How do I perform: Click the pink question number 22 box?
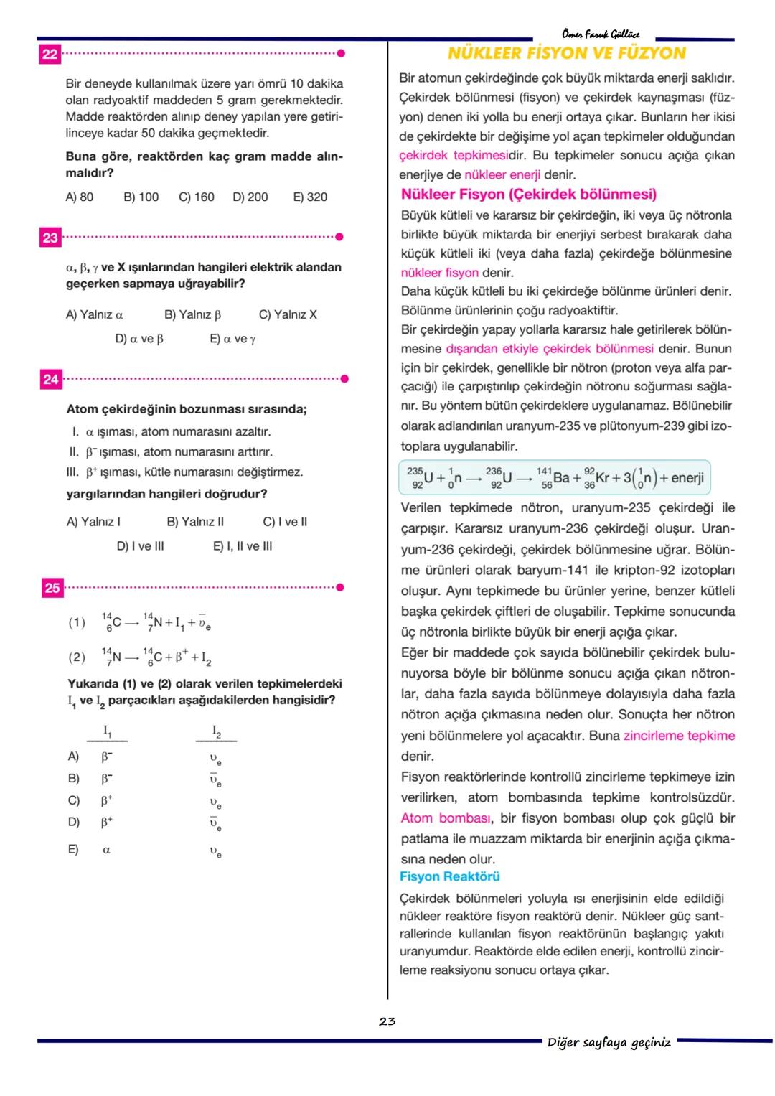pos(50,55)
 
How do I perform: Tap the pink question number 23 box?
pos(50,238)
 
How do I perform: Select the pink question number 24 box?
pos(50,379)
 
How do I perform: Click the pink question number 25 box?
pos(52,588)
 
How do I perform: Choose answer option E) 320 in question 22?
pos(310,197)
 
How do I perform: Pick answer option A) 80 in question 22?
pos(79,197)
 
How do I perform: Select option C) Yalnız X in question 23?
pos(287,314)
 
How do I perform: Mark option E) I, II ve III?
pos(243,546)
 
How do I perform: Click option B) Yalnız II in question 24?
pos(195,522)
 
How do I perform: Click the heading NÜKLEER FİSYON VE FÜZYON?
pos(566,53)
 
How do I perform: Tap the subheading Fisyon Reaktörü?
pos(449,876)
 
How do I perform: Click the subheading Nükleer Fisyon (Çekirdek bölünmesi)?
pos(528,194)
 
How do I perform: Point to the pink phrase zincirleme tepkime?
pos(679,736)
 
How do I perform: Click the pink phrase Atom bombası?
pos(445,818)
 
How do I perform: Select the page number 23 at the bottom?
pos(387,1021)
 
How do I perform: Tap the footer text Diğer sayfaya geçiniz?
pos(609,1042)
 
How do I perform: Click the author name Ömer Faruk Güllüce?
pos(601,34)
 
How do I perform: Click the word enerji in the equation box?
pos(687,477)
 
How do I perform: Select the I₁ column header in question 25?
pos(107,731)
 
